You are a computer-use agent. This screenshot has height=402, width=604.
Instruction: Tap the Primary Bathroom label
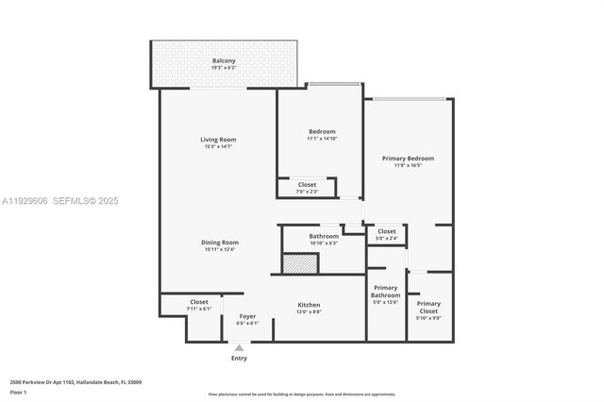point(386,294)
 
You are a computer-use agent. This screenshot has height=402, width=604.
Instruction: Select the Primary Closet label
point(428,307)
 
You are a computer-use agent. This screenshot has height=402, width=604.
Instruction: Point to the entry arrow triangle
point(239,347)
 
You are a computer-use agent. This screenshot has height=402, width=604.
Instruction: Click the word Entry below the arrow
point(239,359)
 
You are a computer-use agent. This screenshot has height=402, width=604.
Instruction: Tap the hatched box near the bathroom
point(301,263)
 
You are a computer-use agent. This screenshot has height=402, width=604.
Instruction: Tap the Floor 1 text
point(19,391)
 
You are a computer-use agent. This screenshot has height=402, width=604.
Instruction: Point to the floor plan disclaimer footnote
point(301,394)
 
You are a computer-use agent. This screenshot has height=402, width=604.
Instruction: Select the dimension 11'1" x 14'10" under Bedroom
point(322,139)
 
